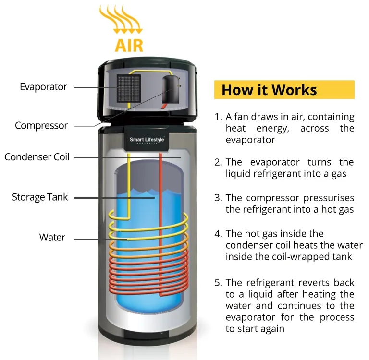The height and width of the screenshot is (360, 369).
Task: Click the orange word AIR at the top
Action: click(x=129, y=45)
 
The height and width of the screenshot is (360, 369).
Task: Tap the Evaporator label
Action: click(x=43, y=87)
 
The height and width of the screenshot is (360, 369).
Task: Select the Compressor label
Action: click(x=41, y=126)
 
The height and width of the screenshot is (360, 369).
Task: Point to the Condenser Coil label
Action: click(x=37, y=157)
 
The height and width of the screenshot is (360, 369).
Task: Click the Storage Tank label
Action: click(x=40, y=197)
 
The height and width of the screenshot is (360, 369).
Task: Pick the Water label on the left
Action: click(x=52, y=237)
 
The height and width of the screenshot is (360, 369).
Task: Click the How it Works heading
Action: click(x=269, y=90)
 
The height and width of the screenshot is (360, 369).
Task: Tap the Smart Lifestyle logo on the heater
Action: click(x=147, y=140)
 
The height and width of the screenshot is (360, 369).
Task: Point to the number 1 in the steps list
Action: click(x=218, y=117)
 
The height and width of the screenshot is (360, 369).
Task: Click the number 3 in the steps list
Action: click(x=218, y=198)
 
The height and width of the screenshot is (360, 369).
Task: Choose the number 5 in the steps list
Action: click(x=218, y=282)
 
